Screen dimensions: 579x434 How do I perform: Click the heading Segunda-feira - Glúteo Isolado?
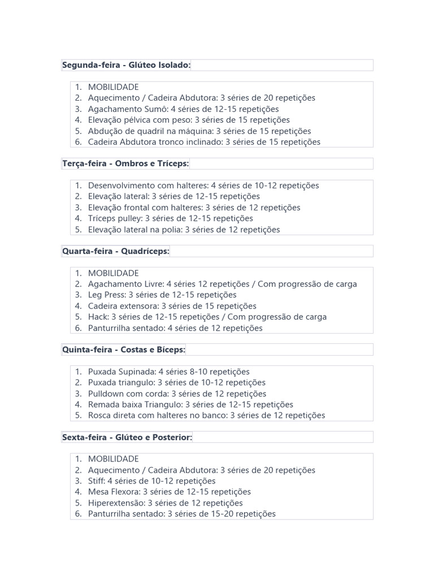(127, 66)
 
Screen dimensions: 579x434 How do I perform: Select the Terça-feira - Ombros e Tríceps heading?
(125, 164)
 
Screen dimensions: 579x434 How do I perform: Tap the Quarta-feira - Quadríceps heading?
(116, 251)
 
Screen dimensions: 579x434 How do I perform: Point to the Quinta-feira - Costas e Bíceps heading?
(124, 350)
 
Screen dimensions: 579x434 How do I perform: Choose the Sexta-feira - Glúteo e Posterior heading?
(127, 438)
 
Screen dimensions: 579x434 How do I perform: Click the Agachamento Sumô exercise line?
(183, 109)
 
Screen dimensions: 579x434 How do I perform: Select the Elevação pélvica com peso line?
(189, 120)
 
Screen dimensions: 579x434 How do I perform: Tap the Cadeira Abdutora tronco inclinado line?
(204, 142)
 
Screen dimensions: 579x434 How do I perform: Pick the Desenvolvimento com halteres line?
(203, 185)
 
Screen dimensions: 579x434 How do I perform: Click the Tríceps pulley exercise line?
(170, 218)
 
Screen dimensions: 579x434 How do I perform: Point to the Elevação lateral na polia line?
(184, 230)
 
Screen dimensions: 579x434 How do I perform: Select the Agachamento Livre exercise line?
(222, 284)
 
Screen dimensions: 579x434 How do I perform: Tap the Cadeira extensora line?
(172, 306)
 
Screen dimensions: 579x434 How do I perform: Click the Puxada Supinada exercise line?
(168, 372)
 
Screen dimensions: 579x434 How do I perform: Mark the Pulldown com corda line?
(177, 394)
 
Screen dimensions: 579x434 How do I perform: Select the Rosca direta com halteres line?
(206, 416)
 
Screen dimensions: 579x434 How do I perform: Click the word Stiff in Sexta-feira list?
(96, 481)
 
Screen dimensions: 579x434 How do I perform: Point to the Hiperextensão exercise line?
(165, 503)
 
